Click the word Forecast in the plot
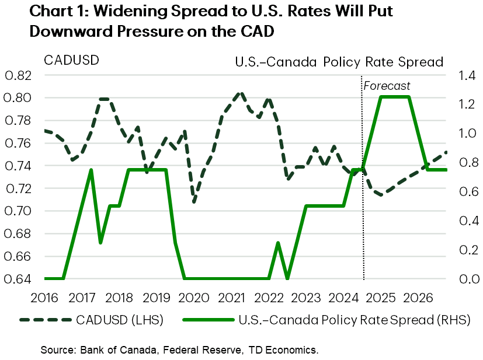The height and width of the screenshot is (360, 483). pyautogui.click(x=387, y=86)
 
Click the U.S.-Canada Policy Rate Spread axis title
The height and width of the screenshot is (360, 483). pyautogui.click(x=339, y=61)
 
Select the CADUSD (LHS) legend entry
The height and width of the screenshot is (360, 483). pyautogui.click(x=91, y=320)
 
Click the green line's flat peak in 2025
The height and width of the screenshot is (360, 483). pyautogui.click(x=395, y=97)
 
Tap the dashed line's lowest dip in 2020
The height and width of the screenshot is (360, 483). pyautogui.click(x=194, y=201)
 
